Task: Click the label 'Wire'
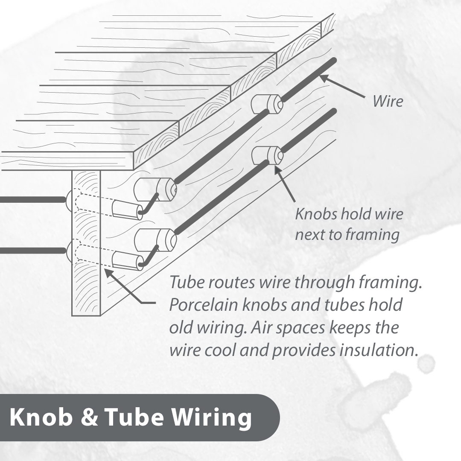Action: (388, 101)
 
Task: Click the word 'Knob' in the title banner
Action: (41, 417)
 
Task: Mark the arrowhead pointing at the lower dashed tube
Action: (108, 272)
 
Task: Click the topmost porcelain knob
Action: (266, 104)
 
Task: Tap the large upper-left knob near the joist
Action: (155, 190)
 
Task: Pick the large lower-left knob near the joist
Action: (155, 240)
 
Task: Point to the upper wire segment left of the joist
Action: (33, 200)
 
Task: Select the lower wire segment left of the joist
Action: (33, 251)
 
